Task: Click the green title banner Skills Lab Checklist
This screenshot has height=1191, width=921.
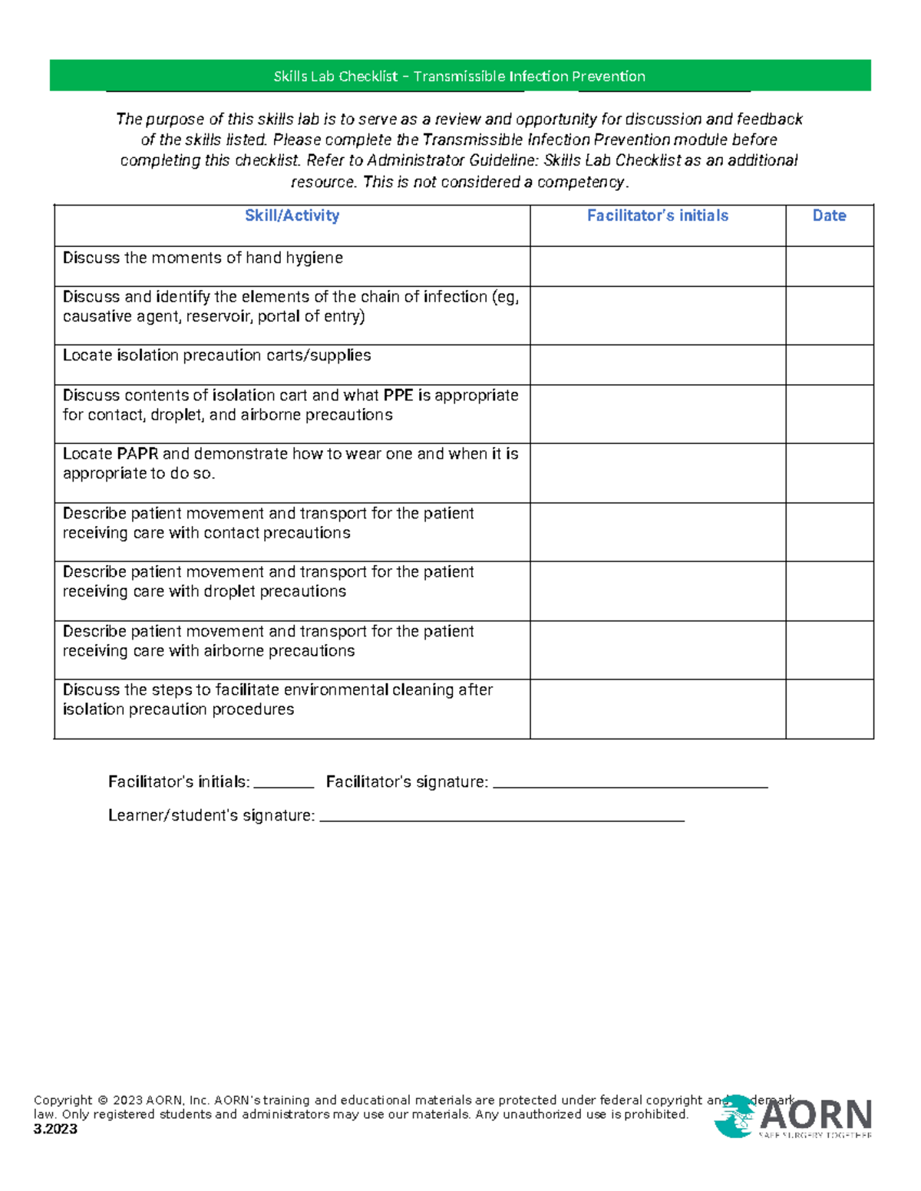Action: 459,76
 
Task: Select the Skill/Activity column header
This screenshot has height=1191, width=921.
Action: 292,216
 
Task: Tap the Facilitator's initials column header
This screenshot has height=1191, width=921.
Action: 658,216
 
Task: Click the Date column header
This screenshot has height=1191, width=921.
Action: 829,216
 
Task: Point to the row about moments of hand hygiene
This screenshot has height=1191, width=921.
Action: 203,258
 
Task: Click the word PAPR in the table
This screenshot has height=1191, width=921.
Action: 137,454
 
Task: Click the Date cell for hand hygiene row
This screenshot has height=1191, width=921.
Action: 829,266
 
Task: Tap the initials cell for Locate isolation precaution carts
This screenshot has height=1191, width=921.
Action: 658,364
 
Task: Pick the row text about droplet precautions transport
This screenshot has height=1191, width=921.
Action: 268,581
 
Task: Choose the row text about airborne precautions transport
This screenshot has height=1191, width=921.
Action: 268,641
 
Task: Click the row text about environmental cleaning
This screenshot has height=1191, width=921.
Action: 277,699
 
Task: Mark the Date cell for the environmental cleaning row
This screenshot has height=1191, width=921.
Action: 829,709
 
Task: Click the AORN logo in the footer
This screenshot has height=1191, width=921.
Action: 794,1117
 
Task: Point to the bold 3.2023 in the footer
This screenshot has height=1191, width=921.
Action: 55,1129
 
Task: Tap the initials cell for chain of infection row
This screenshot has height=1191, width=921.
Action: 658,315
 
